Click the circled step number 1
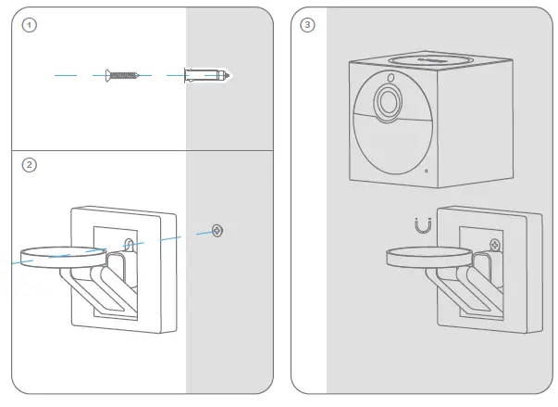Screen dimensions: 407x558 pyautogui.click(x=30, y=25)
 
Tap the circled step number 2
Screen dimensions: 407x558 pyautogui.click(x=30, y=165)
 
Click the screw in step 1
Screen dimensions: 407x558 pyautogui.click(x=122, y=73)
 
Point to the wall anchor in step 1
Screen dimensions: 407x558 pyautogui.click(x=206, y=73)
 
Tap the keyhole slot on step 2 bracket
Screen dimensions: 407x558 pyautogui.click(x=130, y=244)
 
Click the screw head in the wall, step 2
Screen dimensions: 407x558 pyautogui.click(x=217, y=230)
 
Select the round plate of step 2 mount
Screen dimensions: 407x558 pyautogui.click(x=61, y=257)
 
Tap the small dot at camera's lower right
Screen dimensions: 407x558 pyautogui.click(x=426, y=171)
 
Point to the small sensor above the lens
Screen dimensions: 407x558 pyautogui.click(x=392, y=77)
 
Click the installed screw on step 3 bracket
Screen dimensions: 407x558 pyautogui.click(x=497, y=244)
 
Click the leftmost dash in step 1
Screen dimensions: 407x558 pyautogui.click(x=65, y=73)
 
